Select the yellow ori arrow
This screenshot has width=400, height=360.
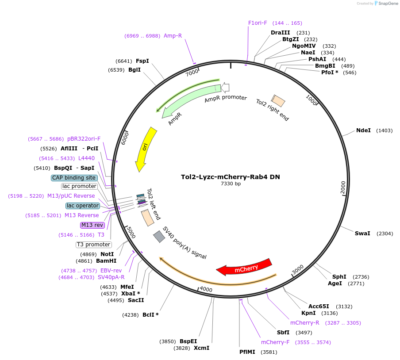[x=146, y=149]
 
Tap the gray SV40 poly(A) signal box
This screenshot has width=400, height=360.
[x=159, y=237]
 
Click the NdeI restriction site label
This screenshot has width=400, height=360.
[x=363, y=130]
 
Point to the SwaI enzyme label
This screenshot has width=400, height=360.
[x=362, y=233]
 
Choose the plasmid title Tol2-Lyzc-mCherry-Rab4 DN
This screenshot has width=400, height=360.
[x=231, y=177]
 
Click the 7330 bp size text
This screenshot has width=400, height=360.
[x=231, y=184]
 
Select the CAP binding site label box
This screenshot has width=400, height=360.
[x=74, y=178]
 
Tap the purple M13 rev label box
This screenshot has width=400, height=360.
[x=92, y=225]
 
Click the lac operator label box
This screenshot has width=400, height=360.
[x=83, y=206]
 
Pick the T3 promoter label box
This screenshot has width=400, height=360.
[x=94, y=245]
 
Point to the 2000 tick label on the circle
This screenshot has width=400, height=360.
[x=343, y=188]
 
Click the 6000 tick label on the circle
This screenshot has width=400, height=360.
[x=125, y=138]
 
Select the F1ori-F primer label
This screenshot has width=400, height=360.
[x=258, y=23]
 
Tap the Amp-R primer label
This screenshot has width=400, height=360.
[x=173, y=36]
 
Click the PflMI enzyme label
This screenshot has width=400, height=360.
[x=247, y=352]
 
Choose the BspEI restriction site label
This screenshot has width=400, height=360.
[x=188, y=341]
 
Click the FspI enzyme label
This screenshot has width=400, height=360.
[x=142, y=61]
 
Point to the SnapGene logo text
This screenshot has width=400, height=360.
[x=388, y=3]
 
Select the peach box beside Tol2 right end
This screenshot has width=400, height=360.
[x=278, y=100]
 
